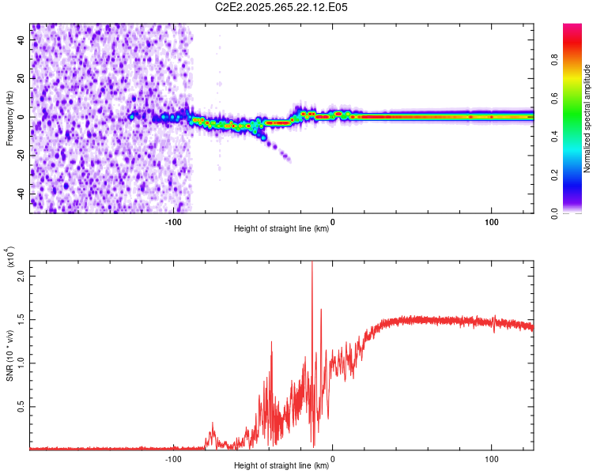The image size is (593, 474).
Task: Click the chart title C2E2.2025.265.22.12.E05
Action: click(282, 7)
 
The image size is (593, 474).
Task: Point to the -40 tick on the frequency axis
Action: click(20, 194)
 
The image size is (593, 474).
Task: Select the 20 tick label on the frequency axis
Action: click(21, 79)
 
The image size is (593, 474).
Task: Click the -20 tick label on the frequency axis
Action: click(20, 156)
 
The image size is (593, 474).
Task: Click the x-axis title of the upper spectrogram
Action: click(281, 229)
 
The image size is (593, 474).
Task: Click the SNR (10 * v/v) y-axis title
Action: click(9, 355)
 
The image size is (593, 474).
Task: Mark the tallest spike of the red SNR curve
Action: click(312, 264)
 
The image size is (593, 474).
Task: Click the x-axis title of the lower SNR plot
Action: click(281, 466)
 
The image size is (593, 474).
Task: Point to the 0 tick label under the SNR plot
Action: click(333, 458)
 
